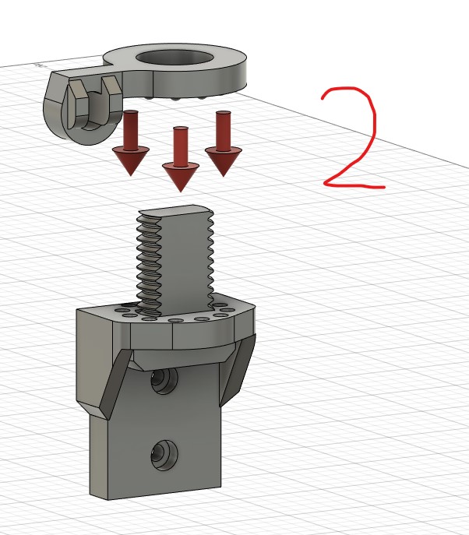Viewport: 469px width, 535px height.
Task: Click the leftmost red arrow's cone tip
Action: pyautogui.click(x=131, y=176)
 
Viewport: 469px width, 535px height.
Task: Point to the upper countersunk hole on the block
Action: pyautogui.click(x=164, y=380)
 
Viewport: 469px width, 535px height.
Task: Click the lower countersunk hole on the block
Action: pyautogui.click(x=164, y=455)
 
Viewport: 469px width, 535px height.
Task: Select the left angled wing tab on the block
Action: pyautogui.click(x=115, y=384)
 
